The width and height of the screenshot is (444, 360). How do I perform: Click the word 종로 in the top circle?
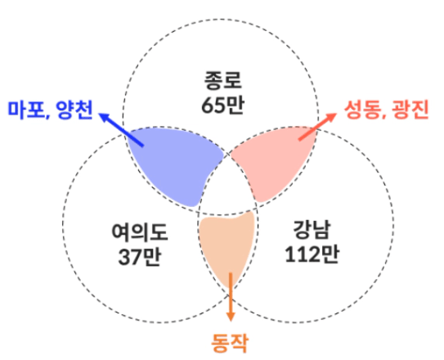(223, 81)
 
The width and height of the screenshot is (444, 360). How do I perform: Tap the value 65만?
(222, 106)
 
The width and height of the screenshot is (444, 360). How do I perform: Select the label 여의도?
(140, 232)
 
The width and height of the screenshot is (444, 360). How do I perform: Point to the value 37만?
(139, 257)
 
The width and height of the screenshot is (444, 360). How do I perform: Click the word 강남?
(312, 229)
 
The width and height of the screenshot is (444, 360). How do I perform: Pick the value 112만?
(312, 254)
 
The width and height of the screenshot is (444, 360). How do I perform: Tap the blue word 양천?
(74, 110)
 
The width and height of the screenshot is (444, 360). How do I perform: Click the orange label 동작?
(230, 343)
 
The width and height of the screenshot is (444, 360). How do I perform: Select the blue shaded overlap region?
(173, 164)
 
